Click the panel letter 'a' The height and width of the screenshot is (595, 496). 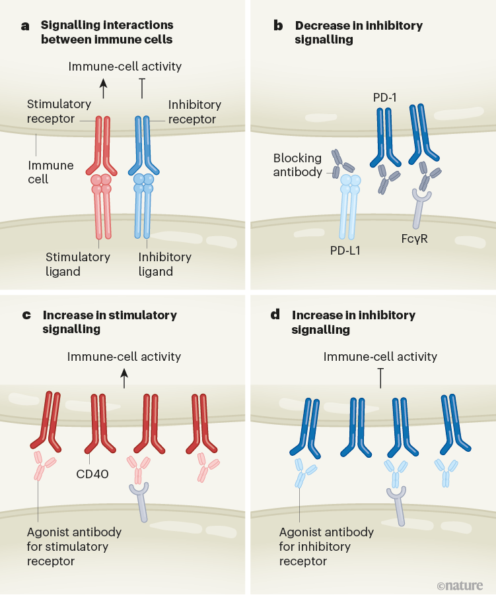tap(26, 26)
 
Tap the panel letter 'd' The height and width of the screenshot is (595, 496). tap(275, 315)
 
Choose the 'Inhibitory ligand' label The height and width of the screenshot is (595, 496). tap(165, 264)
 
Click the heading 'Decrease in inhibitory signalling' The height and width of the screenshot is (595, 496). tap(359, 32)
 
